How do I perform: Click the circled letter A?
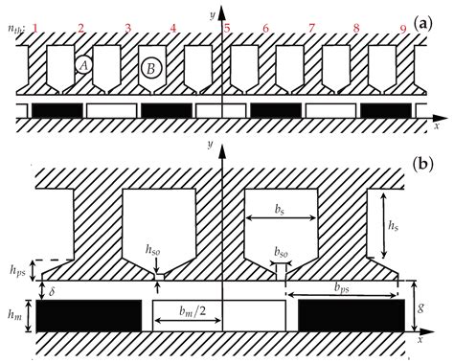coord(83,65)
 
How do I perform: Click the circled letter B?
coord(149,68)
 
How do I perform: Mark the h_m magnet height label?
coord(11,313)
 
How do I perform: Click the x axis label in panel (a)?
coord(435,125)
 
